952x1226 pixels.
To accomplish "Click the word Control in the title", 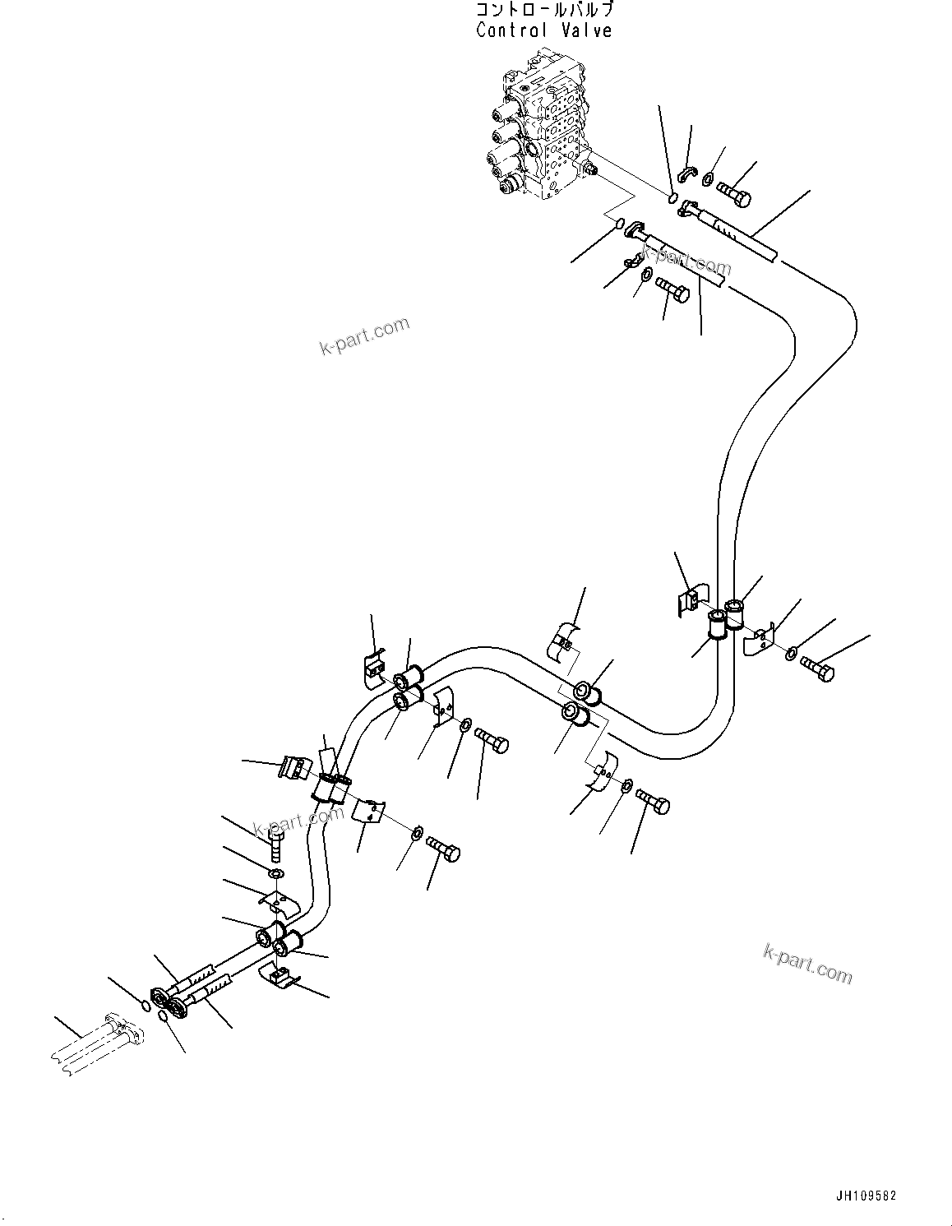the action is point(511,30).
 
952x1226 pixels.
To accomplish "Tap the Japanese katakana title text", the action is point(544,10).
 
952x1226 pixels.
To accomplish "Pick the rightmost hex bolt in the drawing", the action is point(817,669).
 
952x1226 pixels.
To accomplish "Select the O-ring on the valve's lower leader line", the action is point(619,224).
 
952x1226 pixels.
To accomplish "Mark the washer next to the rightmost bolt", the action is point(791,654).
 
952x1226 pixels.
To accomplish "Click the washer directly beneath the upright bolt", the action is point(276,875).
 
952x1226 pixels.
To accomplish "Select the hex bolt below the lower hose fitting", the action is point(672,292).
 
